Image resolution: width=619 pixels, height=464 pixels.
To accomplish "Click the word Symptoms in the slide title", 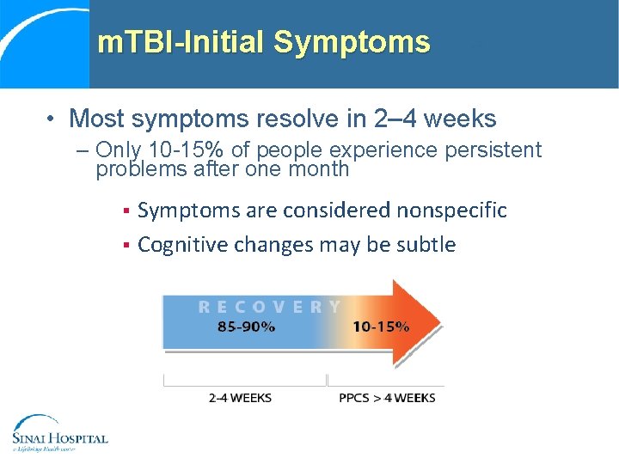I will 352,42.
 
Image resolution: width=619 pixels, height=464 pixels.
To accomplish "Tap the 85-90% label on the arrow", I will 247,327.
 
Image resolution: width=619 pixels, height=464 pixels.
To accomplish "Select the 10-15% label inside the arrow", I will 381,327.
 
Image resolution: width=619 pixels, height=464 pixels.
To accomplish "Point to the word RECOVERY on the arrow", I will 270,307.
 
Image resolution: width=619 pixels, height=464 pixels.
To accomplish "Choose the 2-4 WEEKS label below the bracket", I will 241,398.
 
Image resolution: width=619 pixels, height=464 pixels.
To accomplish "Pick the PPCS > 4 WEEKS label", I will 387,398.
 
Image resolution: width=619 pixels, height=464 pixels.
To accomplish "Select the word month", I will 322,169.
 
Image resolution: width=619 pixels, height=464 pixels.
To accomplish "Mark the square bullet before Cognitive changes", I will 126,246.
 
